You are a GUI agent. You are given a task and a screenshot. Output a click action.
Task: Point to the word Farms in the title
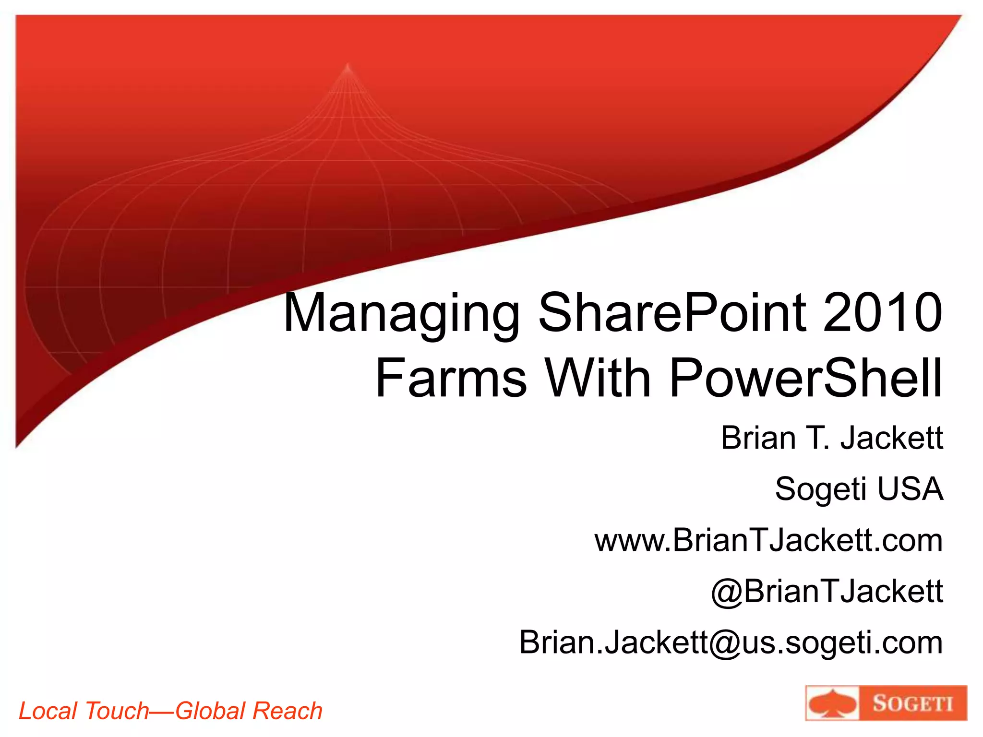point(451,379)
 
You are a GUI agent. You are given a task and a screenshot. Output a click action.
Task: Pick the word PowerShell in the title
point(806,379)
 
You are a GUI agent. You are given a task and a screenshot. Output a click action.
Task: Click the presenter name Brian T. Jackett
point(832,438)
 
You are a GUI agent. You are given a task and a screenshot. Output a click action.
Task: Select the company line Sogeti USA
point(859,489)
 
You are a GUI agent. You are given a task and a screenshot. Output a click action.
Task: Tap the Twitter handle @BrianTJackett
point(827,591)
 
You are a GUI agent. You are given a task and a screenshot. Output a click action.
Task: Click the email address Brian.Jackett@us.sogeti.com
point(731,642)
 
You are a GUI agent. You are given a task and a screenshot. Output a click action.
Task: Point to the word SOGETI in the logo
point(912,704)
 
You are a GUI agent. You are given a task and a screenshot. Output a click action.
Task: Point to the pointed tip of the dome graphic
point(348,65)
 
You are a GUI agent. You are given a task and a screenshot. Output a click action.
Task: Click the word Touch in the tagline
point(117,711)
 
